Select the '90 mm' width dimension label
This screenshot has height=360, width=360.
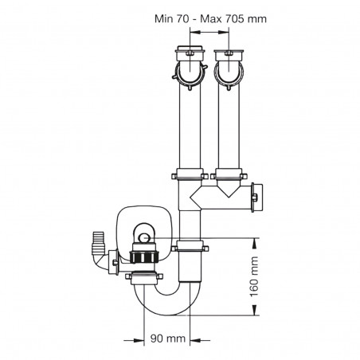[x=170, y=338]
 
